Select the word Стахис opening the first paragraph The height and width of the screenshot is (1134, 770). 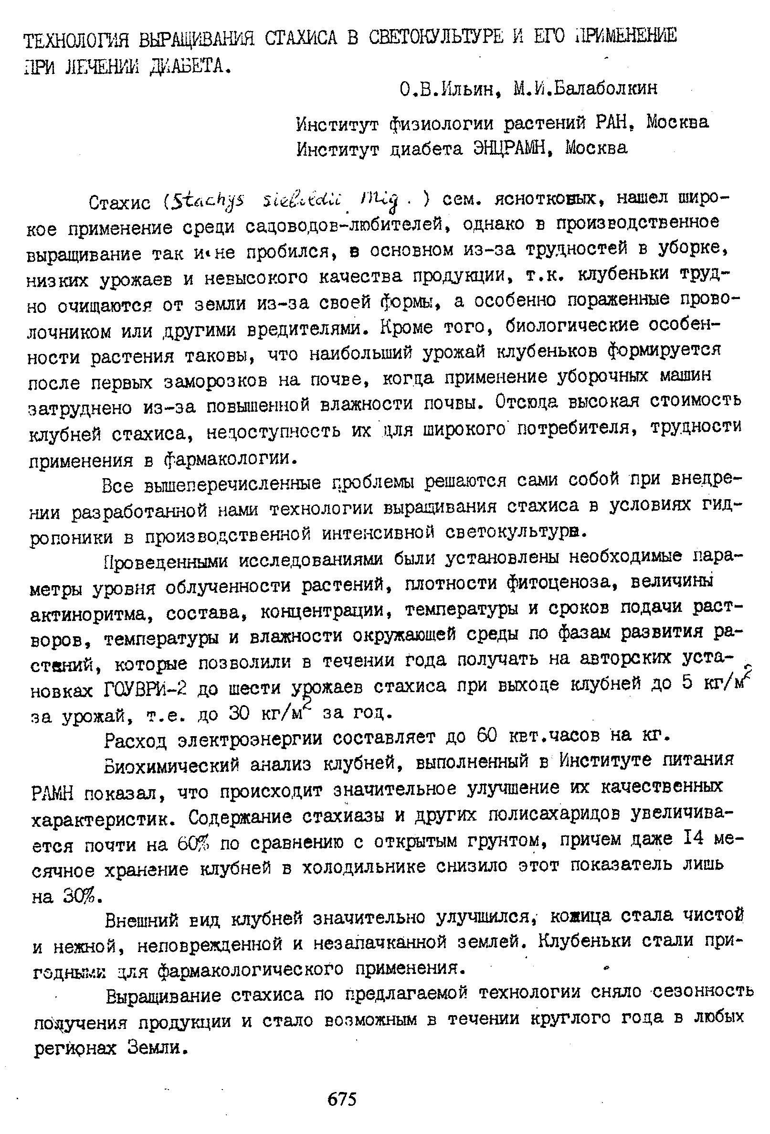point(120,202)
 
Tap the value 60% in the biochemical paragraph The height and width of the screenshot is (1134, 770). point(195,843)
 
